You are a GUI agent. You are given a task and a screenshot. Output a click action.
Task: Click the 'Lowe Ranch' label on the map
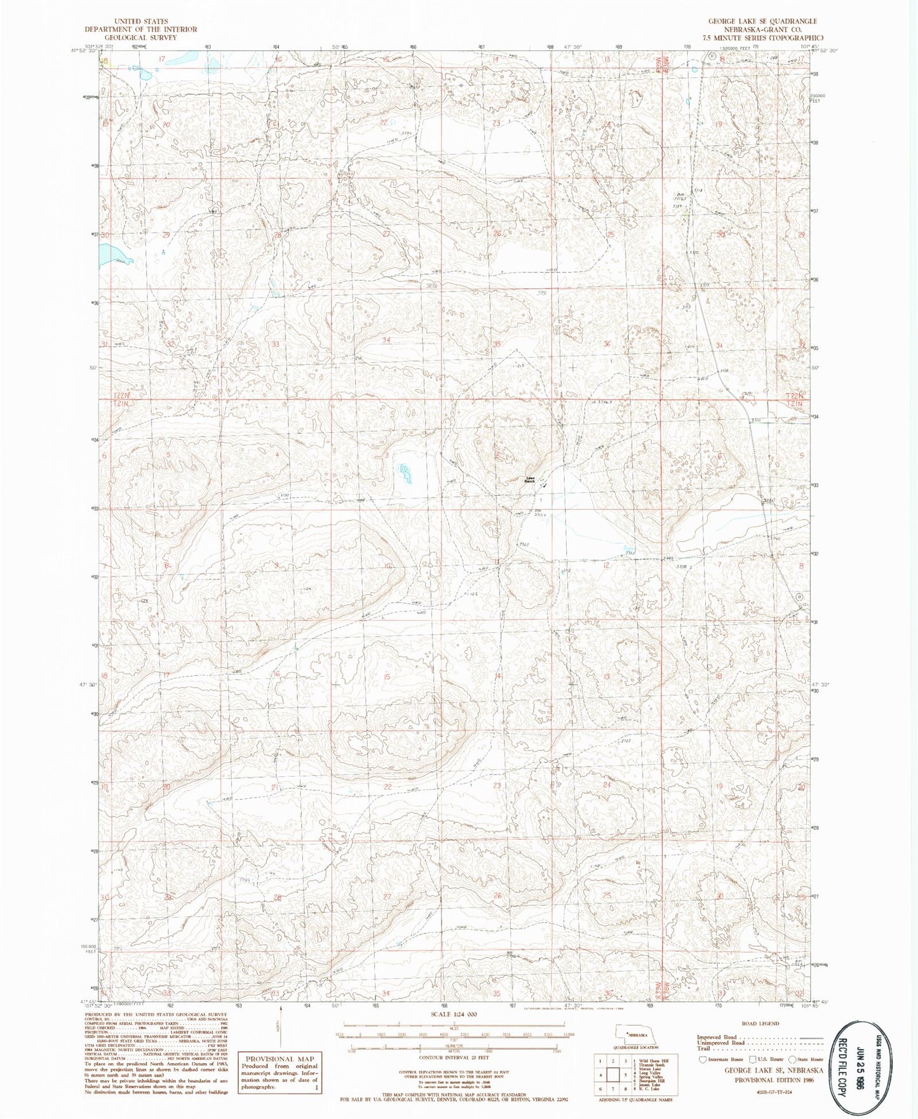pos(529,480)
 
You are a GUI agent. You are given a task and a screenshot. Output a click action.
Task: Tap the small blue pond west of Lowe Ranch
pos(403,471)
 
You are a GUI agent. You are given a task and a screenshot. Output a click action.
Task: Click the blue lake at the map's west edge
pos(113,256)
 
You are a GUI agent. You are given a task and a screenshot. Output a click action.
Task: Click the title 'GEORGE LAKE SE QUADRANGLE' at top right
pos(762,21)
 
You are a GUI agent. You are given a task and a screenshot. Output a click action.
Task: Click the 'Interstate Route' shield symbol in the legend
pos(702,1059)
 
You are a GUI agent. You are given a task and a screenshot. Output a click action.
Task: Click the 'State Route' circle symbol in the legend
pos(792,1059)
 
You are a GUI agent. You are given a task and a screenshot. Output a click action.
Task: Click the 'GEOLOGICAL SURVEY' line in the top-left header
pos(140,37)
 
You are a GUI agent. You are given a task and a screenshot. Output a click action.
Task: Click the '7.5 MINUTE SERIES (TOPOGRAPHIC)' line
pos(762,37)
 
